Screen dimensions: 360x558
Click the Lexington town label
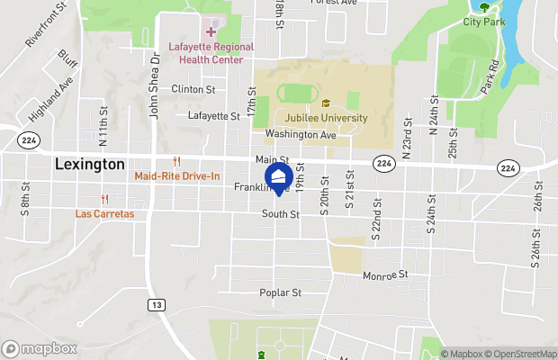pyautogui.click(x=89, y=165)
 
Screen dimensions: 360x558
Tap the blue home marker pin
pyautogui.click(x=279, y=177)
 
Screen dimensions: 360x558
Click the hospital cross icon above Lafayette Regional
pyautogui.click(x=211, y=32)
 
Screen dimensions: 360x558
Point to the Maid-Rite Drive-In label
pyautogui.click(x=177, y=176)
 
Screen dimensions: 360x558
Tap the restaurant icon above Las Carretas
pyautogui.click(x=105, y=200)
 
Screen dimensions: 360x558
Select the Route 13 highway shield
pyautogui.click(x=157, y=305)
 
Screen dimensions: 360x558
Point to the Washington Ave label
pyautogui.click(x=301, y=134)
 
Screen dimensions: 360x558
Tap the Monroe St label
pyautogui.click(x=386, y=274)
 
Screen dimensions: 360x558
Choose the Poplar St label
pyautogui.click(x=279, y=292)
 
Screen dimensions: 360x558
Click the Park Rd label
pyautogui.click(x=489, y=78)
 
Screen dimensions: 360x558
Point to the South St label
pyautogui.click(x=280, y=214)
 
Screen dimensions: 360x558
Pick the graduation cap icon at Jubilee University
pyautogui.click(x=326, y=103)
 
